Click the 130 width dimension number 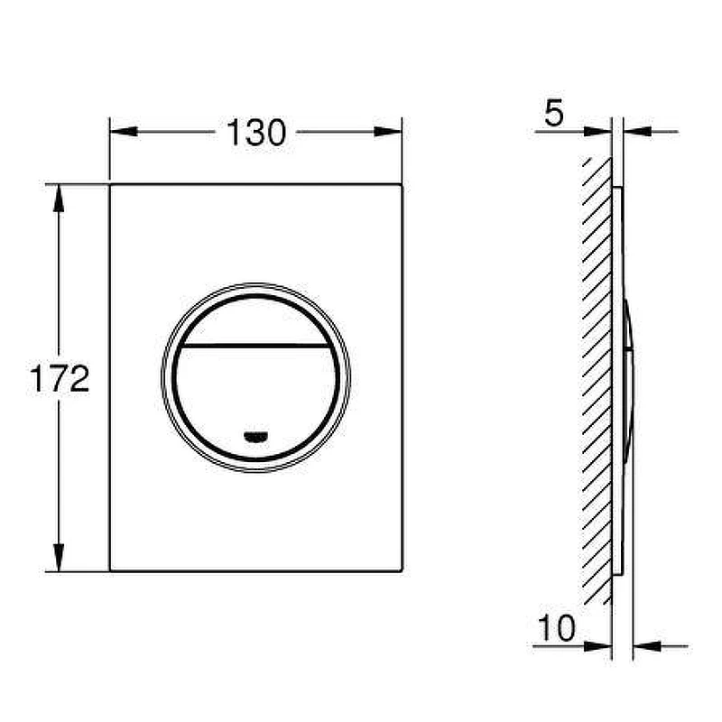256,133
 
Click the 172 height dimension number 60,378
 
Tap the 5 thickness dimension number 554,113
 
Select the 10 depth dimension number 557,627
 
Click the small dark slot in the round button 256,437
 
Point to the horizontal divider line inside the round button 256,345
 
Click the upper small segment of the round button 256,321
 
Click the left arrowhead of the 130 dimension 124,132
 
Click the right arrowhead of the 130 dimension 388,132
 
